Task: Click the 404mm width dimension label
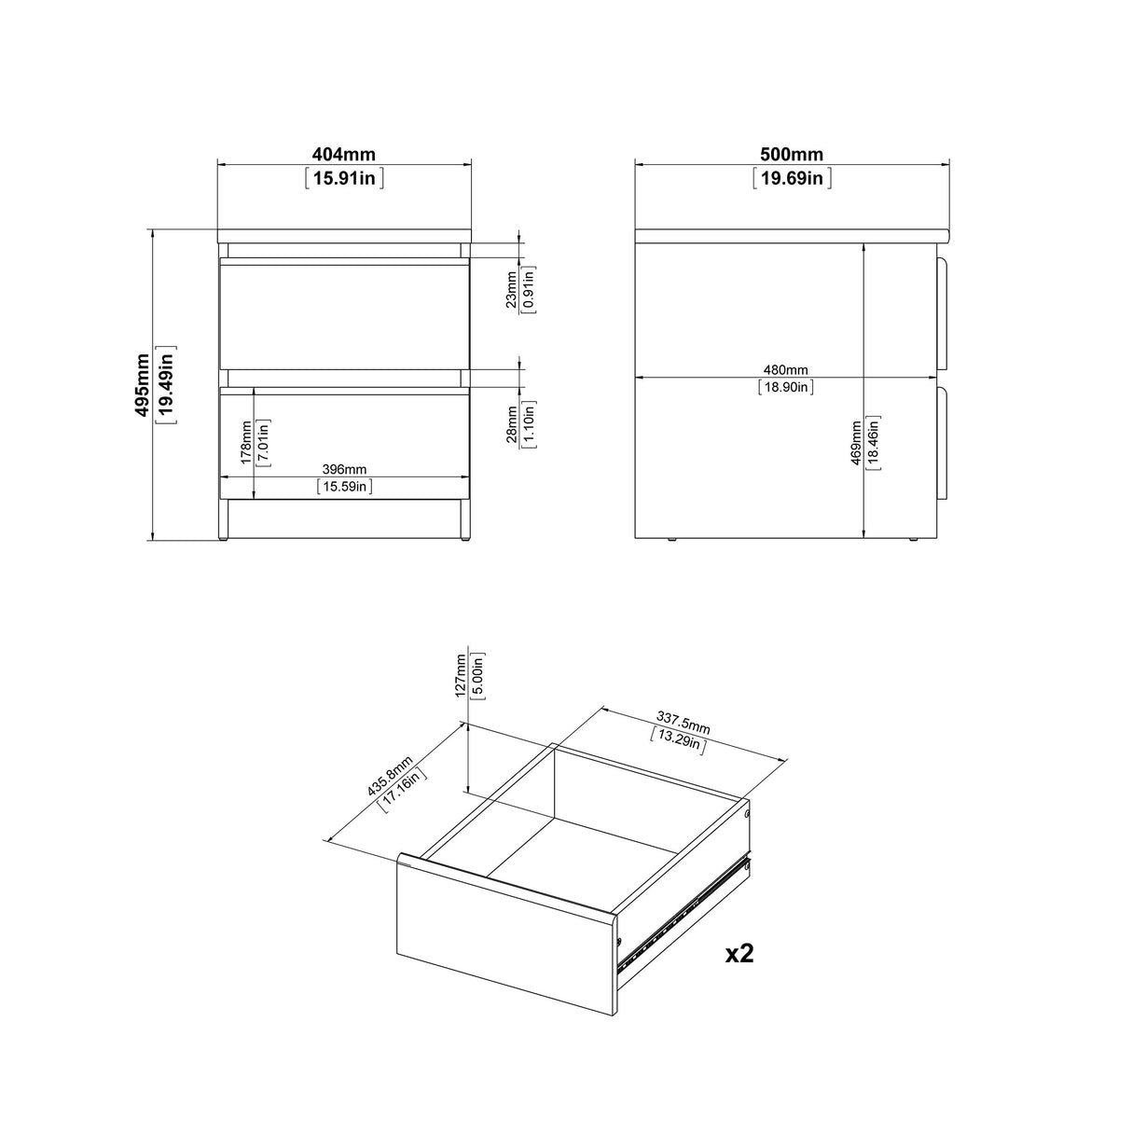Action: (x=344, y=155)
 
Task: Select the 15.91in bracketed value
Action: (x=344, y=177)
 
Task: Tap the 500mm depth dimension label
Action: (x=792, y=155)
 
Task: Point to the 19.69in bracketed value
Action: (x=792, y=177)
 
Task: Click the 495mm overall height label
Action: (x=143, y=384)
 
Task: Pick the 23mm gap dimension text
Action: (x=511, y=289)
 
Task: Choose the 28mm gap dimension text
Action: (x=511, y=425)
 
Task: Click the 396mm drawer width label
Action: (x=344, y=469)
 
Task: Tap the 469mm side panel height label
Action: (x=856, y=445)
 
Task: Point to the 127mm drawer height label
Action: (x=460, y=675)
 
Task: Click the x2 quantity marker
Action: (x=739, y=953)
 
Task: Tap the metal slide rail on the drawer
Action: (x=685, y=915)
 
